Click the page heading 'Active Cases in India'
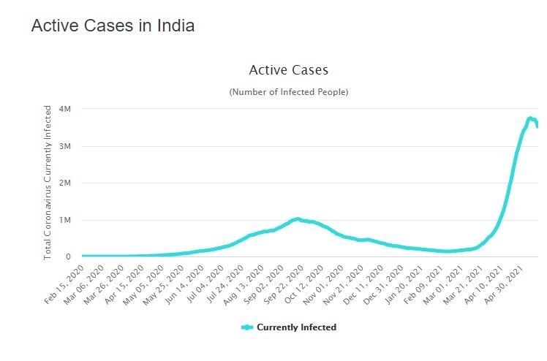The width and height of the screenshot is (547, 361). (113, 26)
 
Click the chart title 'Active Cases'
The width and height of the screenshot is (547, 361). (288, 70)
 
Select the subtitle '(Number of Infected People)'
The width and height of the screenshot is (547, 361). (288, 92)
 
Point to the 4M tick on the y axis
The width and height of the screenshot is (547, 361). (65, 109)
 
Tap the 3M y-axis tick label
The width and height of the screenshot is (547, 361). (65, 146)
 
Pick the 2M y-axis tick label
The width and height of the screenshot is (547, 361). (65, 183)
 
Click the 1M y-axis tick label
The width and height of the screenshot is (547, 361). (65, 220)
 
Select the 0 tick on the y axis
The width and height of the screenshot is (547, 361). (67, 256)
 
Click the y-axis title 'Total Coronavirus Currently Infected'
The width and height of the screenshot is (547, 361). (48, 183)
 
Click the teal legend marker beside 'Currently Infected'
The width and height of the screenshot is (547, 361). (248, 327)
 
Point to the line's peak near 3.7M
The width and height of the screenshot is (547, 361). (530, 118)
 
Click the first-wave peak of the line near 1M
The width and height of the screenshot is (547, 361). (296, 218)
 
